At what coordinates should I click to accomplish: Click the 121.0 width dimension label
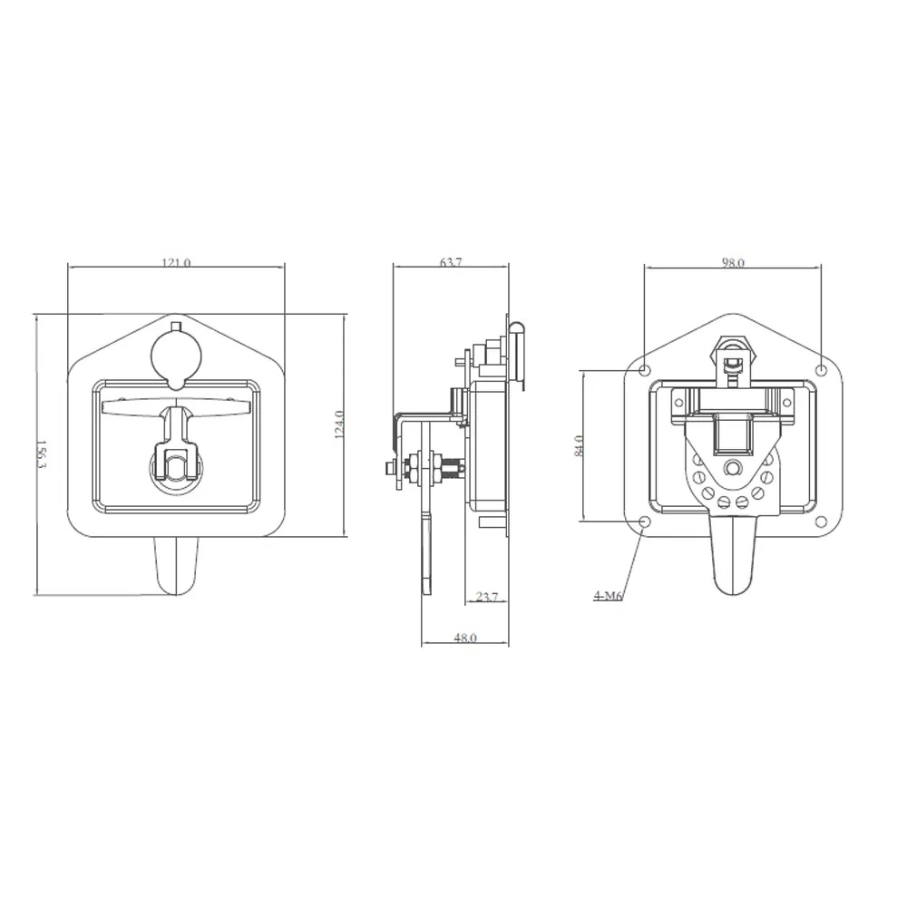pos(176,263)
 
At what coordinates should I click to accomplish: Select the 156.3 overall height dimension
pos(41,454)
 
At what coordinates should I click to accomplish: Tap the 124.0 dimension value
pos(339,424)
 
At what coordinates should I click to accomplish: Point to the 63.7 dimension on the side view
pos(451,262)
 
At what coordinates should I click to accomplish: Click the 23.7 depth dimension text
pos(486,597)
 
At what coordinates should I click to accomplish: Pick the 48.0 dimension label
pos(465,638)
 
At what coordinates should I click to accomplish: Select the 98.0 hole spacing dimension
pos(733,263)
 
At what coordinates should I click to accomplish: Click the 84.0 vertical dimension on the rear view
pos(579,446)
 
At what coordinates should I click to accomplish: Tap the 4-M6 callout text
pos(608,595)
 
